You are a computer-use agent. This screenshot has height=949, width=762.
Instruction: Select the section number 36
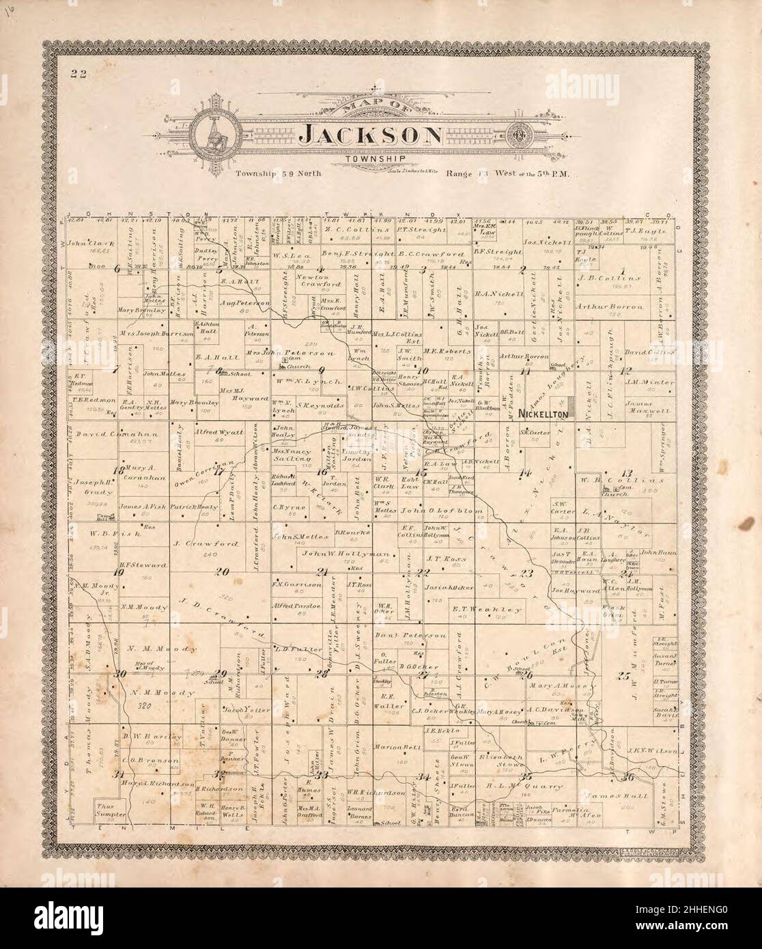(x=628, y=776)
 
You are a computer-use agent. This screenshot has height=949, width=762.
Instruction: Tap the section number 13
(x=626, y=472)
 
